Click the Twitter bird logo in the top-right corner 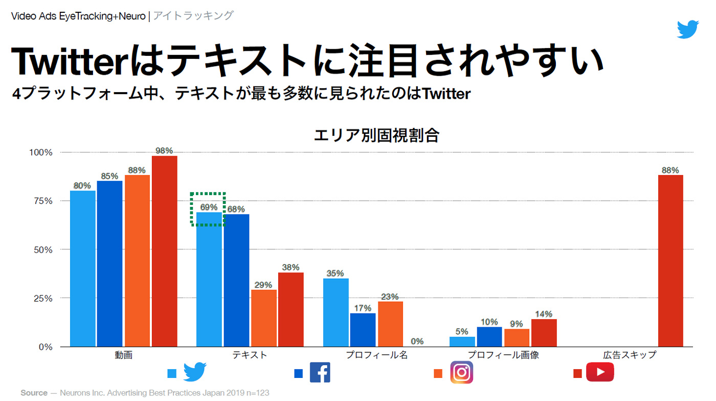[687, 29]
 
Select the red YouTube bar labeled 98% [165, 251]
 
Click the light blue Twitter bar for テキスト [209, 280]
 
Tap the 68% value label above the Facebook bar [236, 209]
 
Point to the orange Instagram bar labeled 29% [263, 318]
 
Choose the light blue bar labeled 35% [335, 312]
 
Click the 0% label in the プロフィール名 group [417, 341]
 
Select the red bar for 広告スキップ [670, 261]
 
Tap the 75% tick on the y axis [40, 201]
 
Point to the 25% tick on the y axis [40, 298]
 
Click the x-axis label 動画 [124, 355]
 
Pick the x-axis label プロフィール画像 [503, 355]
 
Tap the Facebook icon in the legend [320, 373]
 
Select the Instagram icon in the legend [461, 373]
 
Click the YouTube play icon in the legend [599, 373]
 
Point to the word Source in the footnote [34, 393]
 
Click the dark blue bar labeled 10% [489, 337]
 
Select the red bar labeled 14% [544, 333]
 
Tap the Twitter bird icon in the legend [194, 373]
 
